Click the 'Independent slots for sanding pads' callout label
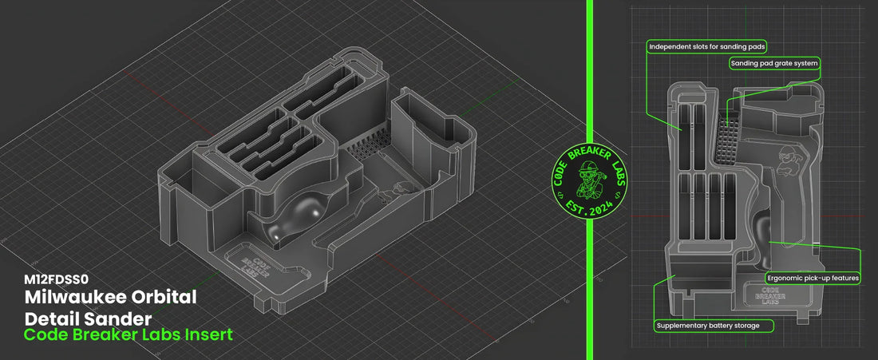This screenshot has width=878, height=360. point(706,47)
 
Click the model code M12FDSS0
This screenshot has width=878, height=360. point(56,279)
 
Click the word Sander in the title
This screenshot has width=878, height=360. point(118,317)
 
